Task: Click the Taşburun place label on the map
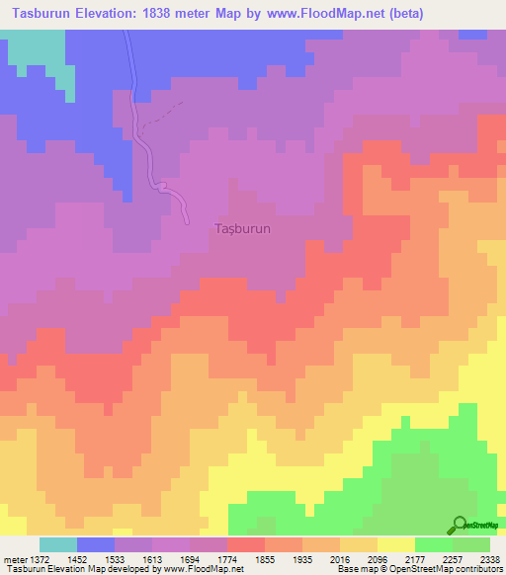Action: [242, 227]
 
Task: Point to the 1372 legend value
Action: [36, 559]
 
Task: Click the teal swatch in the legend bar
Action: [58, 545]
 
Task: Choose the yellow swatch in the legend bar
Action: [395, 545]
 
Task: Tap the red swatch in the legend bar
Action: [245, 545]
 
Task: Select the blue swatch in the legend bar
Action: [96, 545]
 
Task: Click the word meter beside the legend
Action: [13, 559]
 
